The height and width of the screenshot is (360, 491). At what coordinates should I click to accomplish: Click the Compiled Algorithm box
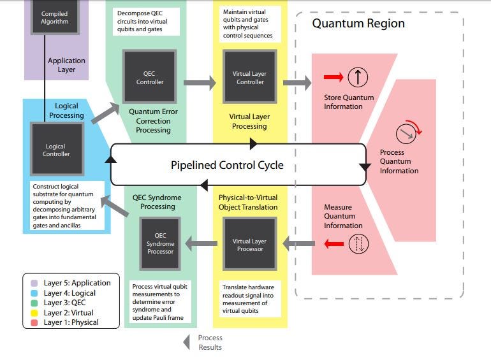[x=54, y=18]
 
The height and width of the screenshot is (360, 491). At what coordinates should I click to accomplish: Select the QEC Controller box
[x=150, y=78]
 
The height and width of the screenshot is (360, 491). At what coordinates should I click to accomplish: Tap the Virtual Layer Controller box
[x=249, y=78]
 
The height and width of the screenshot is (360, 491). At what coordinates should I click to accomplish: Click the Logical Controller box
[x=56, y=150]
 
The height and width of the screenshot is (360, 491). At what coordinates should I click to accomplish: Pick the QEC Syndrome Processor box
[x=160, y=243]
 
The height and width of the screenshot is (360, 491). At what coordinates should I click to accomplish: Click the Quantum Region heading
[x=358, y=24]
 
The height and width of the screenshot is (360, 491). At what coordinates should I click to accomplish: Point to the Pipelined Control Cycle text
[x=227, y=165]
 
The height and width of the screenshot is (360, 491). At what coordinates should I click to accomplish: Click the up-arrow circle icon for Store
[x=358, y=78]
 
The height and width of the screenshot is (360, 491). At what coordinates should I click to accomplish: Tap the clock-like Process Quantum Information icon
[x=406, y=133]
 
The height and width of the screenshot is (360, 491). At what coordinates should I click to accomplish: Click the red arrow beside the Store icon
[x=333, y=78]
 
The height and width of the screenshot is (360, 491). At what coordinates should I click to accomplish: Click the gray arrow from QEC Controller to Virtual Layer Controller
[x=200, y=82]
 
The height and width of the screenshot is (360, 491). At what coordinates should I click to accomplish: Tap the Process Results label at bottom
[x=210, y=342]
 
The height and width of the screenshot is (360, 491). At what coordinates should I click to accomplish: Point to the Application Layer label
[x=67, y=65]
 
